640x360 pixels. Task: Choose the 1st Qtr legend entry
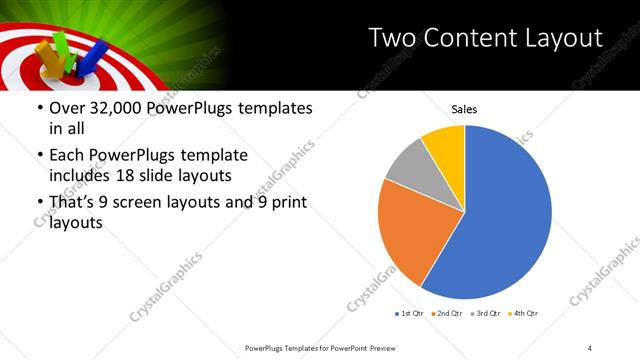point(411,314)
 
